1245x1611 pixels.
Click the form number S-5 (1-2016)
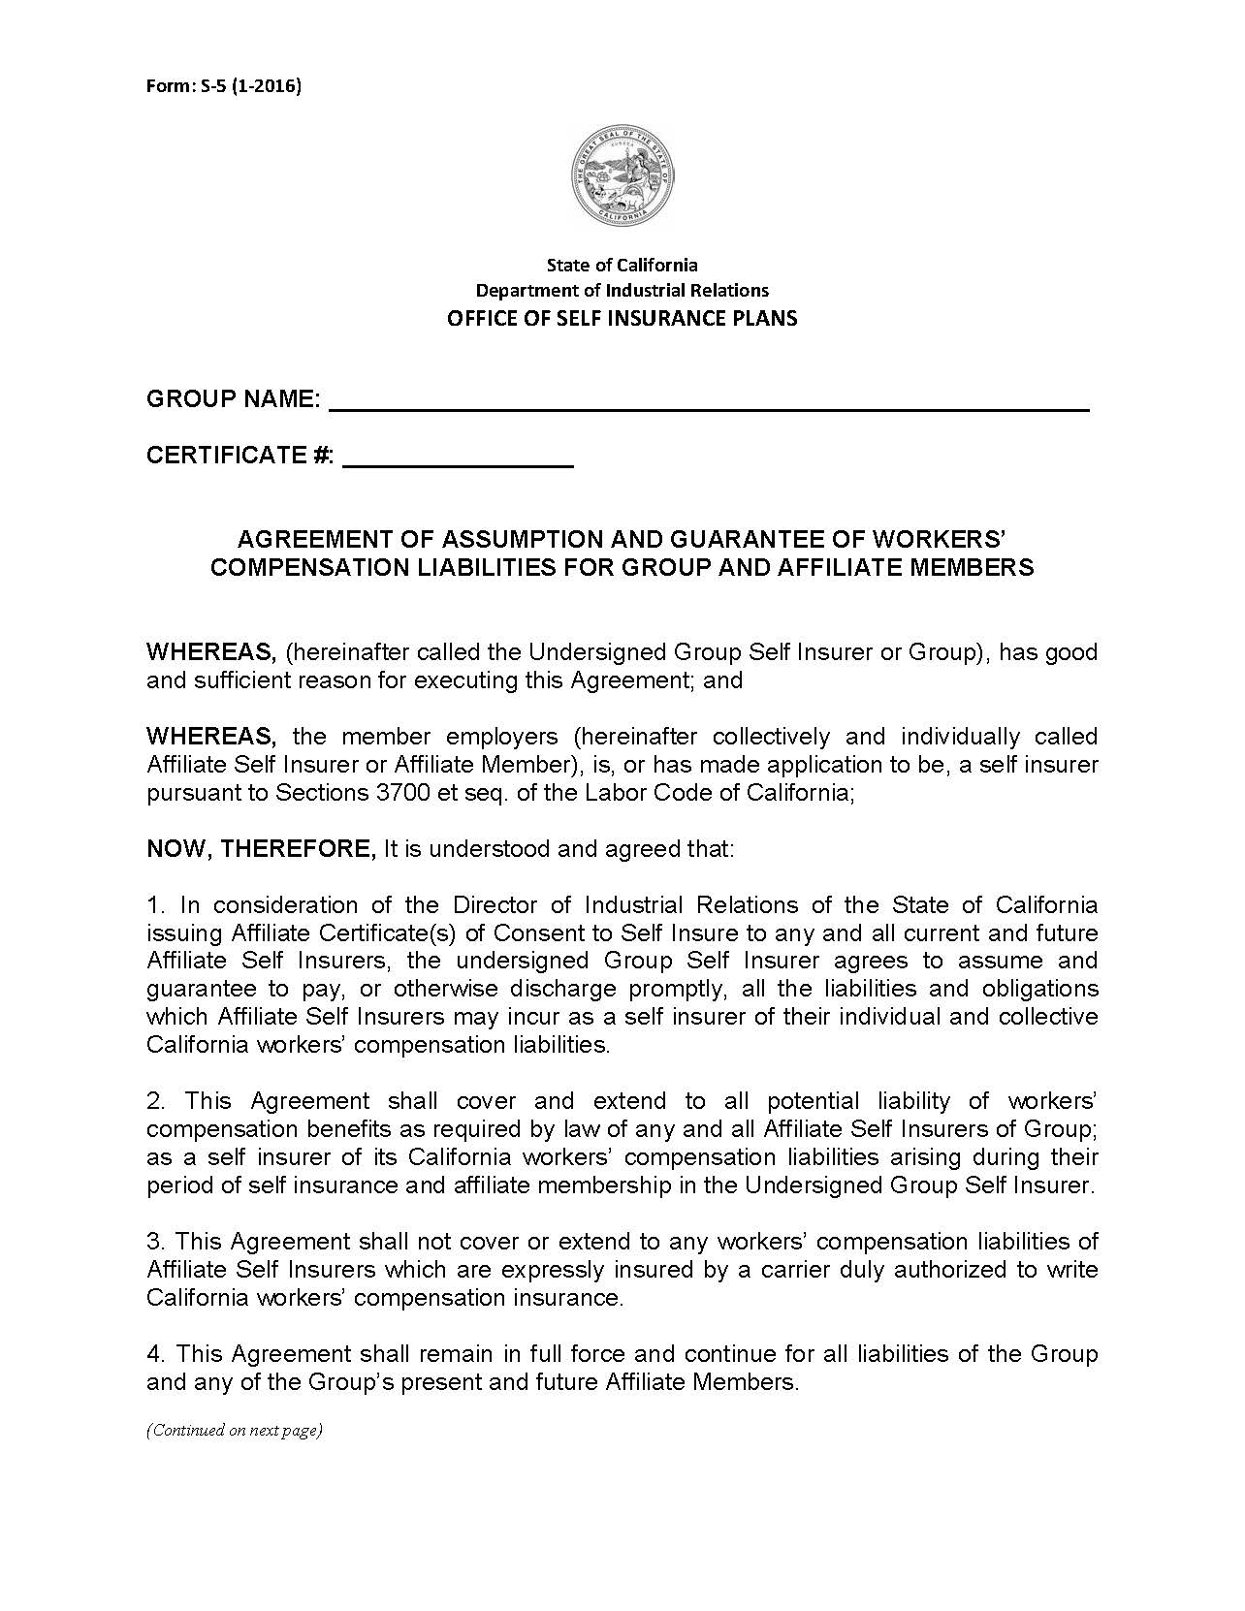(223, 86)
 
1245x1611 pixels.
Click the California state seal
(622, 177)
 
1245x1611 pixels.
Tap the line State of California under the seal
(622, 265)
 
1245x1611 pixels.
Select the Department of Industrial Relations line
(622, 290)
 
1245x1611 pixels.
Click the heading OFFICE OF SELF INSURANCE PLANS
(622, 318)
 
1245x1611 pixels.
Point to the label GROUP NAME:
(233, 398)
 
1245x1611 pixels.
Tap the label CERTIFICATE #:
(239, 455)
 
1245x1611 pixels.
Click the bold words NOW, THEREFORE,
(261, 849)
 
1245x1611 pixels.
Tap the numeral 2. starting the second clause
(157, 1101)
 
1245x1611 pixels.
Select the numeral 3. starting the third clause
(157, 1242)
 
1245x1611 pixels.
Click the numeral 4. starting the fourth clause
(157, 1354)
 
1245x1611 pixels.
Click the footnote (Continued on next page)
(234, 1430)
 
